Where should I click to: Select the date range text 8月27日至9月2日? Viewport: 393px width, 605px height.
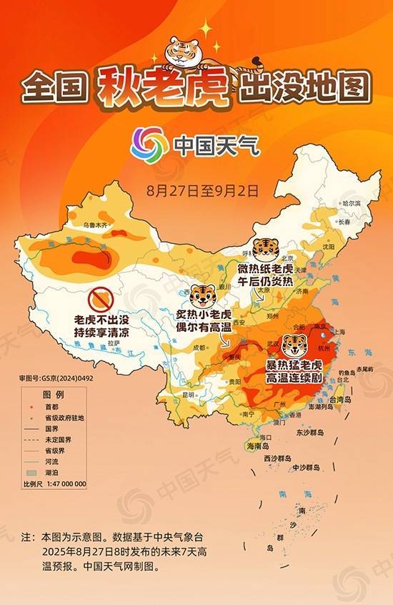point(201,190)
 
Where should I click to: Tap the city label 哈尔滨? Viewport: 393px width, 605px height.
point(352,204)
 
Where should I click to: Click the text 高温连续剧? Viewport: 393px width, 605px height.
point(293,377)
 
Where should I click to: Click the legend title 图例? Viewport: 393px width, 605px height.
point(54,395)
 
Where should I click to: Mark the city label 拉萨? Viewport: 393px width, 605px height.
point(111,344)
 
